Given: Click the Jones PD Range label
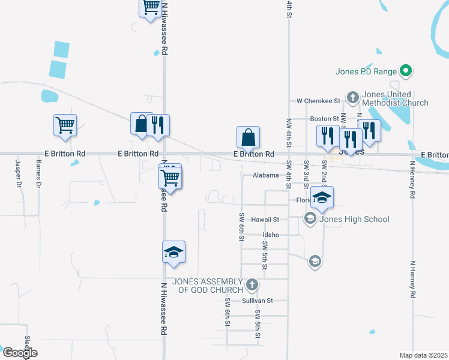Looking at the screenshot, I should [366, 72].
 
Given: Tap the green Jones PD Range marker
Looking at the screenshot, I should [405, 71].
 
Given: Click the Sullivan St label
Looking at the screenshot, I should [258, 300].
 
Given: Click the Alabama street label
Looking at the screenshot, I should [265, 175].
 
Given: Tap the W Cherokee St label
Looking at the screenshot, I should [318, 101].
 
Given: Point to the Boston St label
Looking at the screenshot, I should [324, 119].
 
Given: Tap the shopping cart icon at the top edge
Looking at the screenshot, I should [149, 7].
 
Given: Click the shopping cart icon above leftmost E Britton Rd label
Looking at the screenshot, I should [65, 125].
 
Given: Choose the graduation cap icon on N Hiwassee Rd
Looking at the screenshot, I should [173, 253].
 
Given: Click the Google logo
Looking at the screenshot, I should [19, 353].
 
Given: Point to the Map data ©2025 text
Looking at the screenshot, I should [423, 355].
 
